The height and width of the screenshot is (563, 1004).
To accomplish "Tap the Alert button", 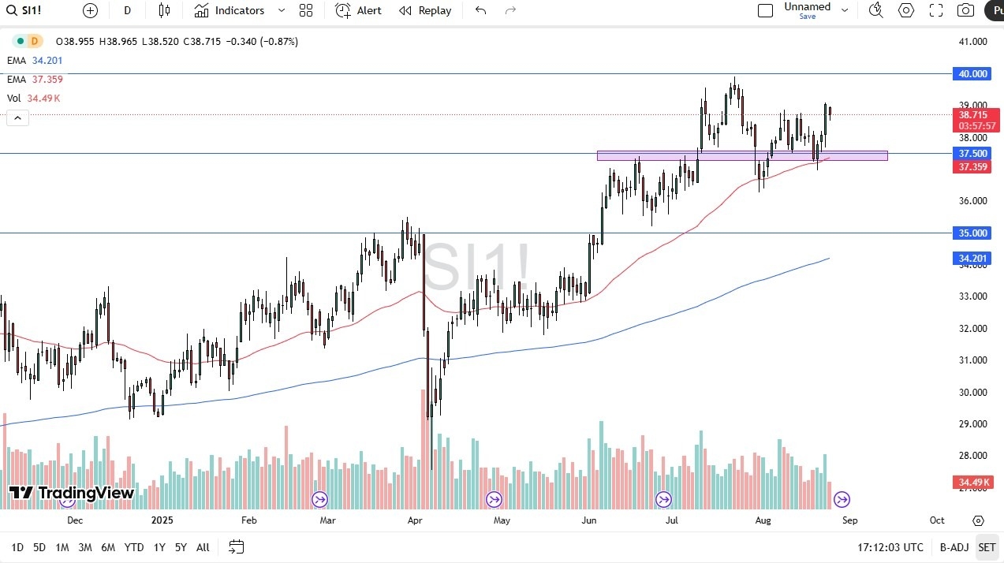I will click(358, 10).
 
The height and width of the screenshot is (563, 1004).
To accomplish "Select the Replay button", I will click(425, 10).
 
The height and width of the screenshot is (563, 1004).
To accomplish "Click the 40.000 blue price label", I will click(972, 73).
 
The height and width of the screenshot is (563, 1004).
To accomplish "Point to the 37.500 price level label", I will click(972, 153).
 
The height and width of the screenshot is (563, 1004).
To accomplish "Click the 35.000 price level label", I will click(972, 233).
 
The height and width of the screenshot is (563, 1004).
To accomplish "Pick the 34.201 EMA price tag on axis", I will click(972, 259).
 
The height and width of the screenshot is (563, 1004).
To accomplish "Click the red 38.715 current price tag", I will click(972, 114).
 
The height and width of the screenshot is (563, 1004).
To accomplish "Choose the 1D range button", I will click(17, 547).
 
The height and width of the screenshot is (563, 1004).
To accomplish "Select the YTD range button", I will click(134, 547).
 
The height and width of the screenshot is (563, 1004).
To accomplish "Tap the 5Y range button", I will click(181, 547).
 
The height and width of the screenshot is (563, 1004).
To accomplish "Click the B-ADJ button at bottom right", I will click(954, 547).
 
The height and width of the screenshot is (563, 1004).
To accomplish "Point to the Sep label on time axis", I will click(849, 520).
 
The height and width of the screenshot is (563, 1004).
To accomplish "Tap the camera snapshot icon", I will click(965, 10).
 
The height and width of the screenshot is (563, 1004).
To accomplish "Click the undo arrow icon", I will click(480, 10).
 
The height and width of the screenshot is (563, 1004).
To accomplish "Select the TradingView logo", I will click(72, 494).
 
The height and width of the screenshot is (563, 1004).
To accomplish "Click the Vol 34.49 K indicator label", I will click(34, 99).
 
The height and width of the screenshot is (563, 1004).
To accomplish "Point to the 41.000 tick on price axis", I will click(972, 42).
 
